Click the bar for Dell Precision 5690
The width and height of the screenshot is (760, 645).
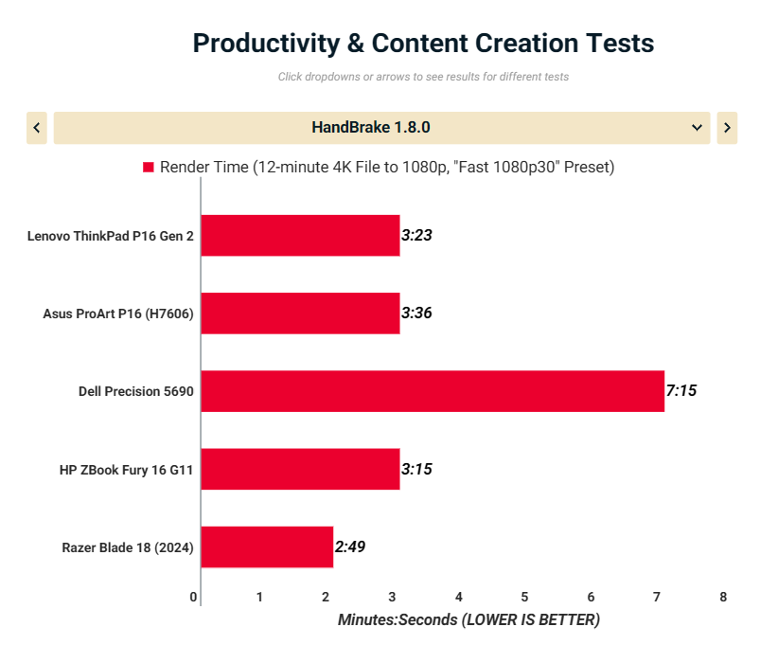[x=433, y=391]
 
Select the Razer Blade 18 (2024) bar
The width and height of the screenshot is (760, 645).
[x=267, y=546]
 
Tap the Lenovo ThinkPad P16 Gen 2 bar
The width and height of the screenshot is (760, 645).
[x=300, y=236]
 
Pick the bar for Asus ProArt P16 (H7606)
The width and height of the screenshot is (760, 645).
[x=300, y=314]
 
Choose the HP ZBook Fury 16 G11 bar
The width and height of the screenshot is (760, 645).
[x=300, y=469]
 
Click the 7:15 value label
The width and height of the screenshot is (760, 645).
[x=681, y=390]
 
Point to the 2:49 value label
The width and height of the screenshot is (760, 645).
[x=350, y=546]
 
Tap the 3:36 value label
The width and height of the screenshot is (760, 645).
[x=416, y=314]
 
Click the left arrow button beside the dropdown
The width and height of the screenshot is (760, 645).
[x=37, y=128]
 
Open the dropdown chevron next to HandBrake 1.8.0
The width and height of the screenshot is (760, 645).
[x=698, y=128]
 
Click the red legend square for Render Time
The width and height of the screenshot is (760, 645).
[x=149, y=168]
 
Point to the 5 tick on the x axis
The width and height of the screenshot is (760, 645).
[x=524, y=597]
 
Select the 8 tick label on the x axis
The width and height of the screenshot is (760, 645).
[x=723, y=597]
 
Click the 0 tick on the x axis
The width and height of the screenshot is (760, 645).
[x=194, y=597]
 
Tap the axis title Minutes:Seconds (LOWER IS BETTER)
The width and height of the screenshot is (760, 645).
[x=468, y=620]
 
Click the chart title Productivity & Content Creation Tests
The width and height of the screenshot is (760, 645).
[x=423, y=44]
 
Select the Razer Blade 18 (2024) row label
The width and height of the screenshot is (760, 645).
[x=128, y=546]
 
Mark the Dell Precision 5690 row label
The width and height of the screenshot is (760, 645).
[x=136, y=391]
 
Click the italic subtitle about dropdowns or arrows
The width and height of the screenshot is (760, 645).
[x=423, y=77]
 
